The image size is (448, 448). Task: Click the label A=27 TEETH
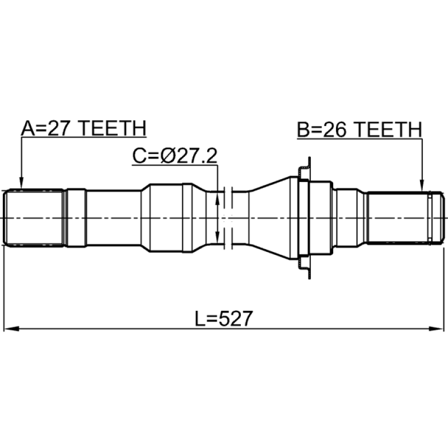(x=83, y=128)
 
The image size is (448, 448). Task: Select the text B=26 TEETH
(x=360, y=130)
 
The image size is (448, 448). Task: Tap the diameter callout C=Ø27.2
(x=175, y=156)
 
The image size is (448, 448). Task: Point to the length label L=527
(x=223, y=319)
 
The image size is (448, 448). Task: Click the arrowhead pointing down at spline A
(x=21, y=183)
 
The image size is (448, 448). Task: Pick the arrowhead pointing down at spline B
(x=422, y=185)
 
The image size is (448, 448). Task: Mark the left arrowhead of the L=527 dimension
(x=11, y=329)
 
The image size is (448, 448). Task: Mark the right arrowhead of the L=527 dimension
(x=436, y=329)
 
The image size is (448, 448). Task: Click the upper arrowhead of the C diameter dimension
(x=217, y=199)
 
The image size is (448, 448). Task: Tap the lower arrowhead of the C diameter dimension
(x=217, y=237)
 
